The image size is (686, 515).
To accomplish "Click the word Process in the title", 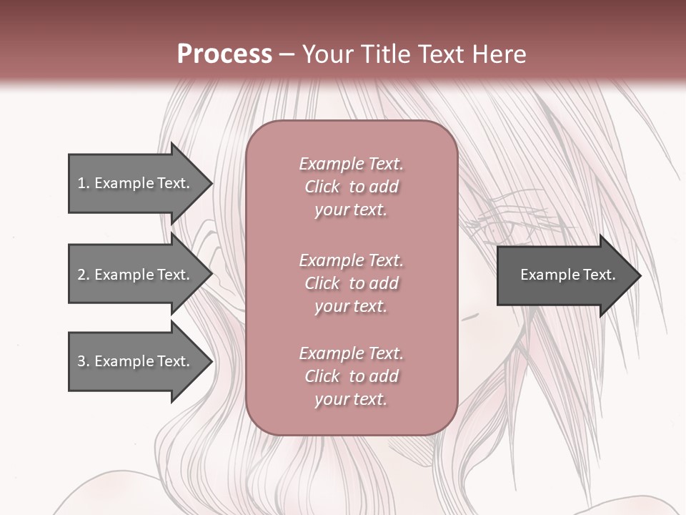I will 224,54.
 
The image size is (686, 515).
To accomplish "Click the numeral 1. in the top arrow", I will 84,183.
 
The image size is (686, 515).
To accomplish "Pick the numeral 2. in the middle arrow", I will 84,275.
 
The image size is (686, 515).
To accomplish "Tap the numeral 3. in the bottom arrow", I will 84,361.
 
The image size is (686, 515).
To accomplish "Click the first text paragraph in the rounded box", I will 351,187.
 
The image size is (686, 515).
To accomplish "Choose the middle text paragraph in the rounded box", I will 351,283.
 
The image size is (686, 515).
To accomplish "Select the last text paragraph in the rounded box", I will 351,376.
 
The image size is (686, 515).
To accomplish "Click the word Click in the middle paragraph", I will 322,283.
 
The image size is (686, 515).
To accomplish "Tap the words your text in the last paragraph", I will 351,399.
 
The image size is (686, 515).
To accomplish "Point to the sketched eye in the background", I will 499,229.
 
